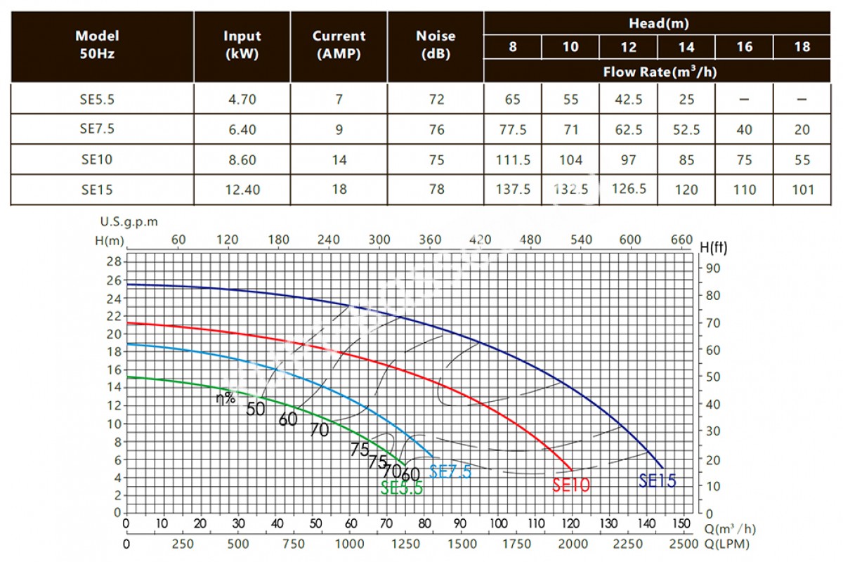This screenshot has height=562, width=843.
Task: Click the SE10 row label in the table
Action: pyautogui.click(x=97, y=159)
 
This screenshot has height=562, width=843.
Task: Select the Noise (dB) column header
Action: pyautogui.click(x=436, y=44)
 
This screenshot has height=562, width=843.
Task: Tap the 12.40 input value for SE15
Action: pyautogui.click(x=242, y=189)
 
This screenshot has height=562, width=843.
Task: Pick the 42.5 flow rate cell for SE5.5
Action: pyautogui.click(x=628, y=100)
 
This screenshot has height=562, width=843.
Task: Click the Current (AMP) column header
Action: pyautogui.click(x=339, y=44)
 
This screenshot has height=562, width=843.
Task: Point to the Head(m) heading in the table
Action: pyautogui.click(x=658, y=23)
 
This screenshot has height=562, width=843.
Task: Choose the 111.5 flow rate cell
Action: pyautogui.click(x=513, y=159)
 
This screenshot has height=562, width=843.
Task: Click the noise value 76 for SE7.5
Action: pyautogui.click(x=436, y=129)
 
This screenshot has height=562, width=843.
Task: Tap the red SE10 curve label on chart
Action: pyautogui.click(x=570, y=484)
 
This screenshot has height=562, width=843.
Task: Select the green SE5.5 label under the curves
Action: pyautogui.click(x=402, y=488)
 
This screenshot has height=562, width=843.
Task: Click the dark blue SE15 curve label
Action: pyautogui.click(x=657, y=481)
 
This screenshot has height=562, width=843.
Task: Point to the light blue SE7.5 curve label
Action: pyautogui.click(x=450, y=472)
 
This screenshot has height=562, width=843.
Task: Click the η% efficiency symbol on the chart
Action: pyautogui.click(x=225, y=398)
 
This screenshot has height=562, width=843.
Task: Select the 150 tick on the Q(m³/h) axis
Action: pyautogui.click(x=681, y=524)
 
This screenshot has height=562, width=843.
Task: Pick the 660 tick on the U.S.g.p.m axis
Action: pyautogui.click(x=681, y=240)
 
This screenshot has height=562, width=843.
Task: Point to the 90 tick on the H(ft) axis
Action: pyautogui.click(x=713, y=268)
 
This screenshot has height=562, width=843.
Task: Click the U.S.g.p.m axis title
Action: pyautogui.click(x=129, y=221)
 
